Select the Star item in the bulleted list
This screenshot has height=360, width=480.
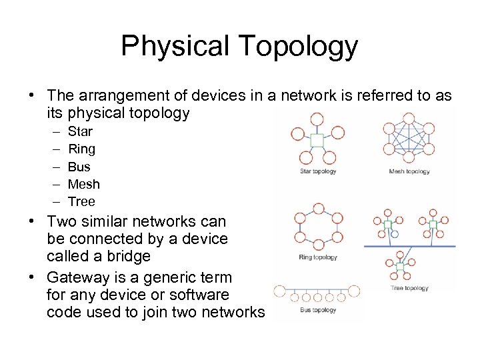click(80, 131)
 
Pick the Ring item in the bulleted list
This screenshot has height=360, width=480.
click(81, 149)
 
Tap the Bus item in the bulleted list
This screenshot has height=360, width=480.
click(79, 167)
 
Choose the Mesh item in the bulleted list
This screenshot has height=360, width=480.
click(83, 184)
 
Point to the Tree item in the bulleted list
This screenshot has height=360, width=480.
click(81, 201)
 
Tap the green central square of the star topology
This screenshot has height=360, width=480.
click(317, 141)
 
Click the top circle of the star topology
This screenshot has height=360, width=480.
click(317, 119)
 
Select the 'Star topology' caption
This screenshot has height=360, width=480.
click(317, 171)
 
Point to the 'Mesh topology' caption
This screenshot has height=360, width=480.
click(409, 171)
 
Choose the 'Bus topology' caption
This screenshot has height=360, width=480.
click(317, 310)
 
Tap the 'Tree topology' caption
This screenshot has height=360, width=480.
click(409, 288)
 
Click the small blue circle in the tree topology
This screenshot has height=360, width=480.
click(395, 235)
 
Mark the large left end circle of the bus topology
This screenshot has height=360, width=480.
click(280, 291)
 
